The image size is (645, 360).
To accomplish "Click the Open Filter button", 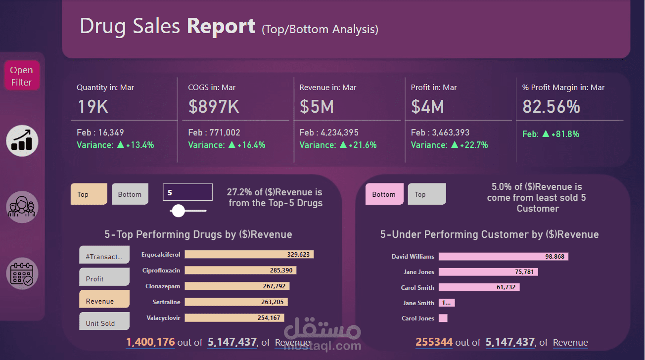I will point(21,76).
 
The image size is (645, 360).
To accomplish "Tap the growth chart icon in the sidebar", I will point(22,140).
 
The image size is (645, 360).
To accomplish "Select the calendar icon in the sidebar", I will point(22,273).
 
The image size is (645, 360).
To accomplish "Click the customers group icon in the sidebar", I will point(22,207).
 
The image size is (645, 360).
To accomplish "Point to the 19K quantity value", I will point(92,107).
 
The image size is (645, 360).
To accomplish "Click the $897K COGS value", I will point(214,107).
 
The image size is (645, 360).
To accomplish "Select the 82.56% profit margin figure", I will point(551,107).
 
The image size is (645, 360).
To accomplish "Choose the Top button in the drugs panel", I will point(89,194).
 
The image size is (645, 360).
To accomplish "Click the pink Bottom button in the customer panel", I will point(384,194).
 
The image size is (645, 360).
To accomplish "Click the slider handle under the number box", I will point(178,211).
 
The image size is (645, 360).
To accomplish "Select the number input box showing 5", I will point(188,192).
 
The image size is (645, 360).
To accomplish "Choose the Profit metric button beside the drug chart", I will point(104,277).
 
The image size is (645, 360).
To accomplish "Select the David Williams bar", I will point(503,257).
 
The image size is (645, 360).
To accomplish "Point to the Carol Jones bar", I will point(443,318).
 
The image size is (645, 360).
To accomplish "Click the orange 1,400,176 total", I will point(150,342).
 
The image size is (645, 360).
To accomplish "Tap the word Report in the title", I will point(221,26).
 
